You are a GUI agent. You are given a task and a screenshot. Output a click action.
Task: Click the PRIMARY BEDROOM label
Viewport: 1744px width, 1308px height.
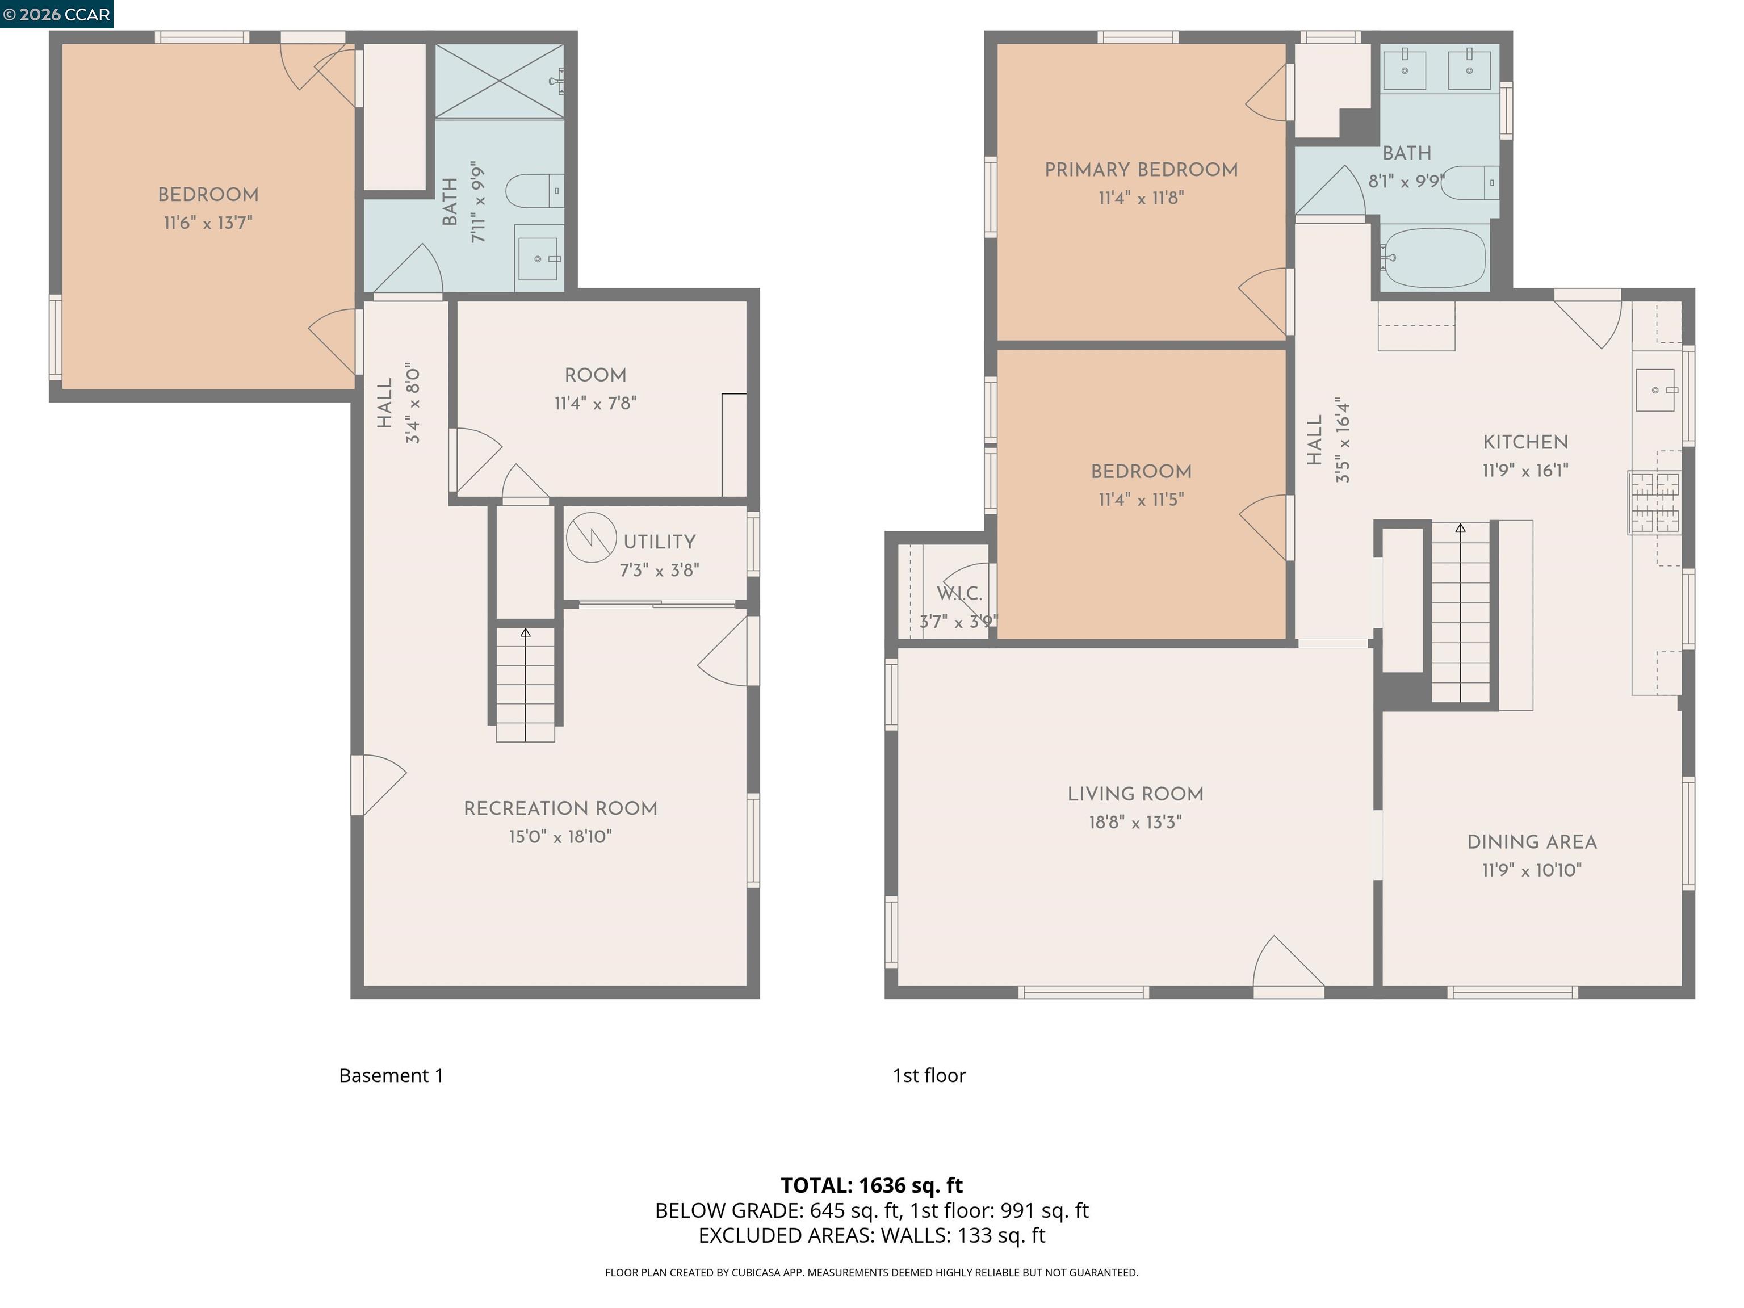pyautogui.click(x=1141, y=170)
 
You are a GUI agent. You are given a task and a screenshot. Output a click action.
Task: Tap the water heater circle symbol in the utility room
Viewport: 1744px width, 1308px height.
pyautogui.click(x=590, y=538)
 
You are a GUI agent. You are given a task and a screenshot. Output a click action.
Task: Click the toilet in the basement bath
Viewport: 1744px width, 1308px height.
pyautogui.click(x=534, y=191)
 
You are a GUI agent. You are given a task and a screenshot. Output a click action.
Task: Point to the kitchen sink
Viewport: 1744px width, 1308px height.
pyautogui.click(x=1655, y=390)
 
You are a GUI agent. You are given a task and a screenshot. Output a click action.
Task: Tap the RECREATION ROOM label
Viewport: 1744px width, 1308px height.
pyautogui.click(x=560, y=808)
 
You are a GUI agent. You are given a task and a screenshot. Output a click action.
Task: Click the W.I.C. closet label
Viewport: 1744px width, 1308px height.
pyautogui.click(x=959, y=594)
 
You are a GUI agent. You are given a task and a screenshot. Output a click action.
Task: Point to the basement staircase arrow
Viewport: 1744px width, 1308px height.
pyautogui.click(x=525, y=633)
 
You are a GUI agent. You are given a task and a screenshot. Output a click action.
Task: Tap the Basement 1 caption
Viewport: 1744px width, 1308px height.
pyautogui.click(x=391, y=1075)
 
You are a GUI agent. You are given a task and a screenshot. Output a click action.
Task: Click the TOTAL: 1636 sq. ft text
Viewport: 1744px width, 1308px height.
pyautogui.click(x=871, y=1185)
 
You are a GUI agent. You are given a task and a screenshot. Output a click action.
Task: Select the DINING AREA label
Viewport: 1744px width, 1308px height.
pyautogui.click(x=1531, y=842)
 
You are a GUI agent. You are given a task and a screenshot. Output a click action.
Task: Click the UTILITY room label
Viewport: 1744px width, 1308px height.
pyautogui.click(x=659, y=542)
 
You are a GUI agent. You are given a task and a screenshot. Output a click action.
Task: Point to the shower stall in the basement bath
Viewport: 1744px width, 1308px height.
pyautogui.click(x=499, y=81)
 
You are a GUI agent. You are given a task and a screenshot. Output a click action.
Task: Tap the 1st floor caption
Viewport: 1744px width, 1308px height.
pyautogui.click(x=929, y=1075)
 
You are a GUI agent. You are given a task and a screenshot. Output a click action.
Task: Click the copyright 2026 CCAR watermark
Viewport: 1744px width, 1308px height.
pyautogui.click(x=56, y=14)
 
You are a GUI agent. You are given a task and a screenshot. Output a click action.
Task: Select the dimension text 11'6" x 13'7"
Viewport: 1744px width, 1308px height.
pyautogui.click(x=208, y=223)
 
